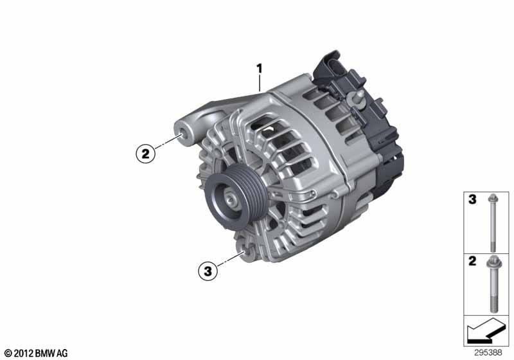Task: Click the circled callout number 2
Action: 145,153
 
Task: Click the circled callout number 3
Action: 208,271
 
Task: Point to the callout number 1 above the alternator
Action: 260,69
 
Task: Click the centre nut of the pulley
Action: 231,199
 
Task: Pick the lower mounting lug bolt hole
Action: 244,253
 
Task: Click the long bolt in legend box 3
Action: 493,223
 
